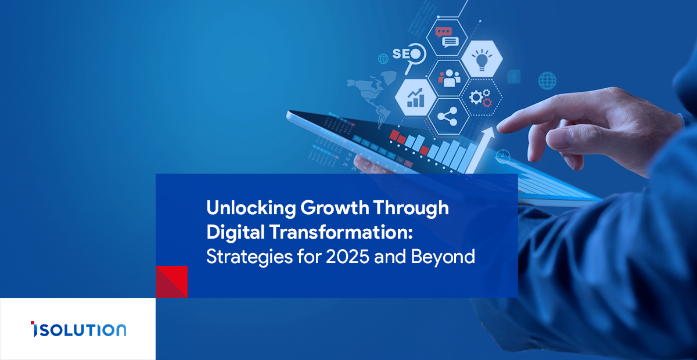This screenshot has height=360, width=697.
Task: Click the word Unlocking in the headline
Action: [x=251, y=208]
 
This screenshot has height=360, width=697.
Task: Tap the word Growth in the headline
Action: [x=335, y=208]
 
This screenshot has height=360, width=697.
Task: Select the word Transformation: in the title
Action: [x=341, y=232]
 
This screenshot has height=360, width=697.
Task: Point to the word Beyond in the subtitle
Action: [x=443, y=257]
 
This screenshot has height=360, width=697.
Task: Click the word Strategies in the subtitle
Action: [x=249, y=257]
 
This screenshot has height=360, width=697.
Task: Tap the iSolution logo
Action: [x=78, y=329]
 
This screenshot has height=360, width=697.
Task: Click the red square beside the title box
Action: [x=172, y=282]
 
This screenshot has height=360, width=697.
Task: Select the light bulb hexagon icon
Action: [x=482, y=59]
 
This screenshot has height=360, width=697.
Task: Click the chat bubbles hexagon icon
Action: [x=447, y=38]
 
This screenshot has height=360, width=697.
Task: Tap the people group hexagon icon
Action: [x=448, y=78]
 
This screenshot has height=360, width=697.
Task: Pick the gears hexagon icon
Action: [x=481, y=98]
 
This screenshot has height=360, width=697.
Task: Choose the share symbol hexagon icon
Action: [x=448, y=117]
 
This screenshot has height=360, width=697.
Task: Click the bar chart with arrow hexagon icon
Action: [x=415, y=98]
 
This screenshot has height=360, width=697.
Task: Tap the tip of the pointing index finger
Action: [x=499, y=127]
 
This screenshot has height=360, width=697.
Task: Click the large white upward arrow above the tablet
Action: [x=480, y=149]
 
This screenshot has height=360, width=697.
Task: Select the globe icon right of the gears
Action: [x=547, y=81]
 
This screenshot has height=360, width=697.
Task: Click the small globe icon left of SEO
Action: [x=383, y=59]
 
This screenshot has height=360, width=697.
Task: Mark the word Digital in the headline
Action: [x=236, y=233]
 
